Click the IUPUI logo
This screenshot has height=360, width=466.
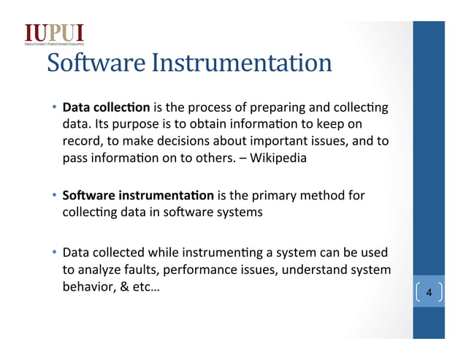(x=55, y=34)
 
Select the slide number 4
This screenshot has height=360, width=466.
(x=429, y=294)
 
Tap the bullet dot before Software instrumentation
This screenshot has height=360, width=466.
(x=54, y=196)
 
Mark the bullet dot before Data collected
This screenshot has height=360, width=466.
(x=54, y=253)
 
